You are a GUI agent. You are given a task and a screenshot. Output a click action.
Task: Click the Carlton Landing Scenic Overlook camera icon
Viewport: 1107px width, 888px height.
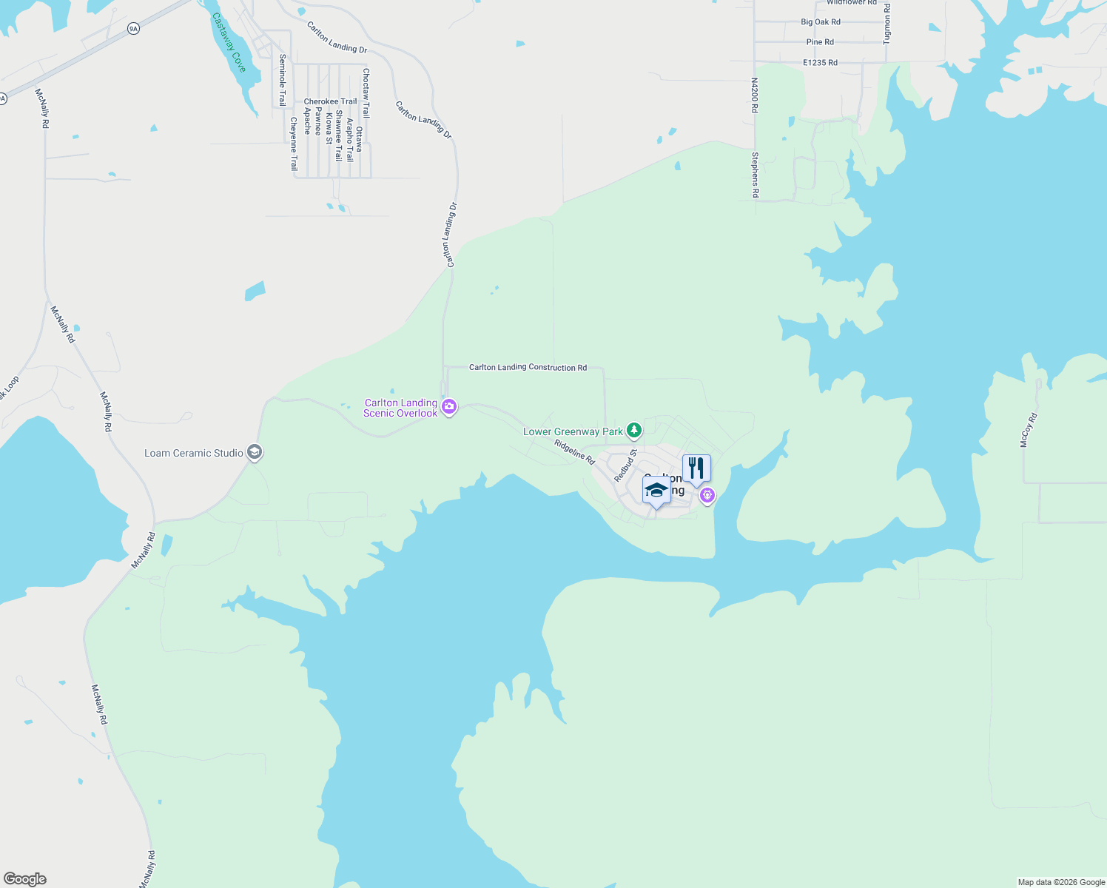[x=449, y=407]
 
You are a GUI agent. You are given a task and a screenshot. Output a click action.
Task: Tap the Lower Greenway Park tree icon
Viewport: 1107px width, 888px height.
[x=633, y=430]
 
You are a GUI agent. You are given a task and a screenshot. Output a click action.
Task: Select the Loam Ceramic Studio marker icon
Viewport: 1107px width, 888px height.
[x=255, y=452]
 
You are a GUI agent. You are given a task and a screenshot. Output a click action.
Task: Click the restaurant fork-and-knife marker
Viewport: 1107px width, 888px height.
[x=696, y=468]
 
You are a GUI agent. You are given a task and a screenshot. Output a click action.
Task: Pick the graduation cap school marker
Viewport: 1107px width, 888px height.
[x=656, y=491]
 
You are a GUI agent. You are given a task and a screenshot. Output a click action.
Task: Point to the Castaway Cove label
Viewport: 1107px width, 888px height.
[x=229, y=42]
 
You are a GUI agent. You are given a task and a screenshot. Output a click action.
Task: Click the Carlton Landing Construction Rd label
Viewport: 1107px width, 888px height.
[x=528, y=367]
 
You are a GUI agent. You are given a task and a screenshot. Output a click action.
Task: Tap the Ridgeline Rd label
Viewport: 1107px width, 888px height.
[x=575, y=451]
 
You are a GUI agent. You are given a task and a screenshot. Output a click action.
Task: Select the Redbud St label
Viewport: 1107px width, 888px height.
[x=625, y=465]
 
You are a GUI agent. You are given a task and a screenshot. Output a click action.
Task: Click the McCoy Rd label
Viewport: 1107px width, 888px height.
[x=1029, y=430]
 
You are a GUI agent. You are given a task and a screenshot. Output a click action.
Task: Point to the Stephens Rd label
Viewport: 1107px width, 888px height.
[x=755, y=175]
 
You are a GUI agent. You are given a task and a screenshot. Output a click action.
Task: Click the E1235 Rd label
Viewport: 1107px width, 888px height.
[x=820, y=63]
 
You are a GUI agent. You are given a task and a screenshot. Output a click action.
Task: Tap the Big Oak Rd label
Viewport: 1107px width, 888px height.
[x=821, y=22]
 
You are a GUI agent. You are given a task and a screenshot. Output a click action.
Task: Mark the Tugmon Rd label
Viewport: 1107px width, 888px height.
[x=887, y=23]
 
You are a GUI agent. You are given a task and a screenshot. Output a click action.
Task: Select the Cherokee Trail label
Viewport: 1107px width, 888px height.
[x=330, y=101]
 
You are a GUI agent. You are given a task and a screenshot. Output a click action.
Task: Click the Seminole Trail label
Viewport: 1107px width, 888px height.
[x=282, y=80]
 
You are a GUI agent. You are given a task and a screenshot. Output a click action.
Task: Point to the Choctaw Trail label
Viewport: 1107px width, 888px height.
[x=366, y=93]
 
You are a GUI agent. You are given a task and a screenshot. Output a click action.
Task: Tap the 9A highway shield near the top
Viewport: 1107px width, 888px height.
[x=133, y=29]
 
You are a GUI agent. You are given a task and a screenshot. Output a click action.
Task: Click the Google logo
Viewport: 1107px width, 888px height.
[x=25, y=879]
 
